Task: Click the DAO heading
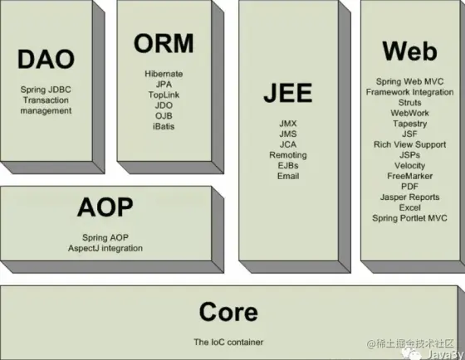[x=46, y=59]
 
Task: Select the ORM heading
[x=164, y=43]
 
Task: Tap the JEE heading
[x=288, y=93]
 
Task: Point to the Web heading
[x=410, y=51]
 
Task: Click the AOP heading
[x=105, y=207]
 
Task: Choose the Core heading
[x=228, y=311]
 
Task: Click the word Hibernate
[x=164, y=74]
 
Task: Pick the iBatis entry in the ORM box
[x=164, y=127]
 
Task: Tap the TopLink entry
[x=164, y=95]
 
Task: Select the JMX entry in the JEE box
[x=288, y=124]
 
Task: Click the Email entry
[x=288, y=176]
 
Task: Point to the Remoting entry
[x=288, y=155]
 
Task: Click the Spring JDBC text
[x=46, y=90]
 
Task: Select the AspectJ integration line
[x=105, y=248]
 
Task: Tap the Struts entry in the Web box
[x=410, y=103]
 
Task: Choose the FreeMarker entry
[x=410, y=176]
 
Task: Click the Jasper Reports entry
[x=410, y=197]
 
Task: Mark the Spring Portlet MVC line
[x=410, y=218]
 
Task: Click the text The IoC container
[x=228, y=343]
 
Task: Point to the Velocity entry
[x=410, y=165]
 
